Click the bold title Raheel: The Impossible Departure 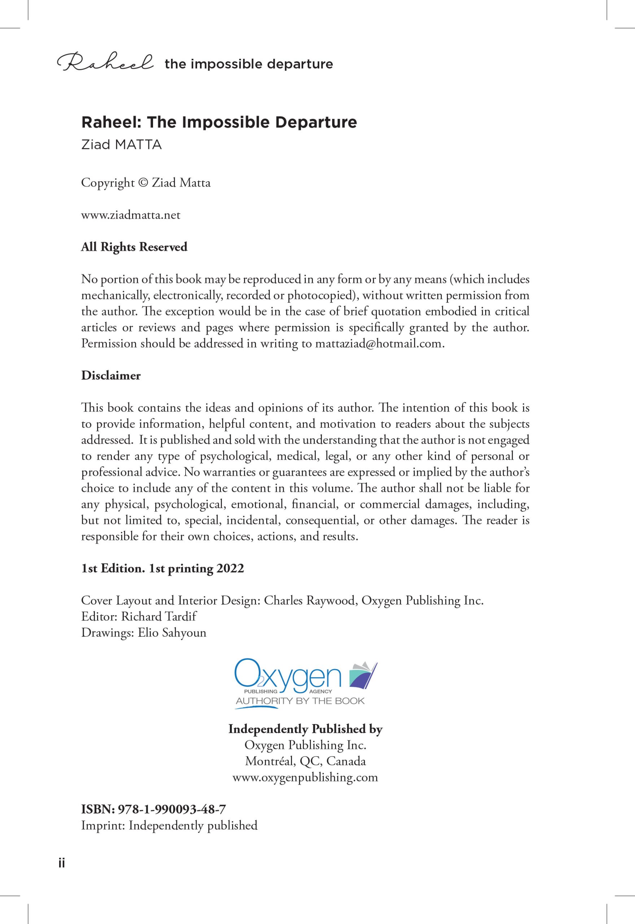click(x=219, y=122)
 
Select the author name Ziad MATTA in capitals click(x=121, y=144)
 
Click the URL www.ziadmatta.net click(x=130, y=215)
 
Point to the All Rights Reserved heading click(x=134, y=247)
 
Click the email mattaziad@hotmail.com click(x=379, y=343)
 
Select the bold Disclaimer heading click(x=110, y=375)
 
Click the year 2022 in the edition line click(x=230, y=568)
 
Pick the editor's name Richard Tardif click(x=159, y=616)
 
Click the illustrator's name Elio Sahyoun click(x=172, y=632)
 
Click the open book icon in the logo click(x=363, y=675)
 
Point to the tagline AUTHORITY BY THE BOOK click(x=300, y=701)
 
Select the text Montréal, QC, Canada click(x=305, y=761)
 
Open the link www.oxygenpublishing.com click(x=305, y=777)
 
